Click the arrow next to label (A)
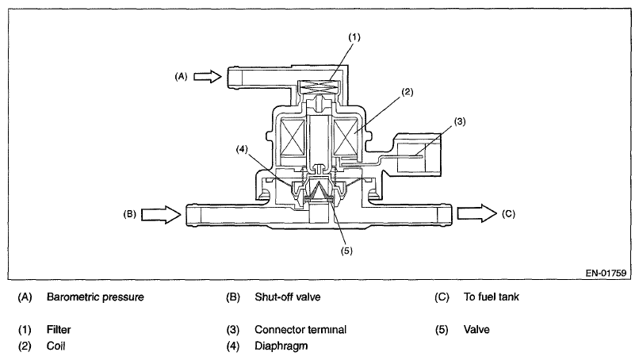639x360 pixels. click(x=208, y=76)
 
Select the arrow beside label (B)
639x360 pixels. click(x=161, y=214)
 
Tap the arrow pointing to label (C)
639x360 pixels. click(x=476, y=213)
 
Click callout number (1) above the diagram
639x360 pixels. click(x=354, y=37)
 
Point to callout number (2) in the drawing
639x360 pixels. click(x=408, y=92)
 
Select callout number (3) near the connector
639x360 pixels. click(x=459, y=121)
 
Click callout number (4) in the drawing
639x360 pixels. click(x=242, y=149)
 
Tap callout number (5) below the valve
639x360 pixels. click(x=346, y=251)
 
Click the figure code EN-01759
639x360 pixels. click(x=606, y=273)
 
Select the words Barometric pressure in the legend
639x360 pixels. click(x=95, y=297)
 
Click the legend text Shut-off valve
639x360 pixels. click(x=288, y=297)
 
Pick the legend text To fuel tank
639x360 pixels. click(x=491, y=297)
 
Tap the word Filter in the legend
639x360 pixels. click(x=59, y=329)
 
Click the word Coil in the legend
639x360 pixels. click(x=55, y=346)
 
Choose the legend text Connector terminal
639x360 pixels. click(x=300, y=329)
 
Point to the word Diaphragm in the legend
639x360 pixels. click(x=281, y=347)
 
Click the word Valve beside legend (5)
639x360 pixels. click(x=476, y=329)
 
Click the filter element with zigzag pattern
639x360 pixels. click(x=319, y=86)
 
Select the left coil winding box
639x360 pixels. click(x=293, y=137)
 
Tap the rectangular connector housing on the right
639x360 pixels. click(x=416, y=155)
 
